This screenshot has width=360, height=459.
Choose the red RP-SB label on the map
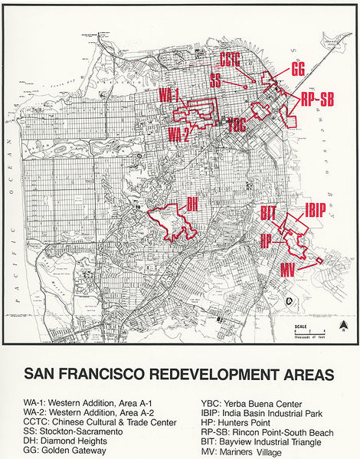tap(316, 99)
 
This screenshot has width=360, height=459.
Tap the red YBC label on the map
tap(237, 126)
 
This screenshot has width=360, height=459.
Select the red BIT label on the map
tap(267, 212)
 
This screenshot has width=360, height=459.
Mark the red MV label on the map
tap(288, 270)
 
